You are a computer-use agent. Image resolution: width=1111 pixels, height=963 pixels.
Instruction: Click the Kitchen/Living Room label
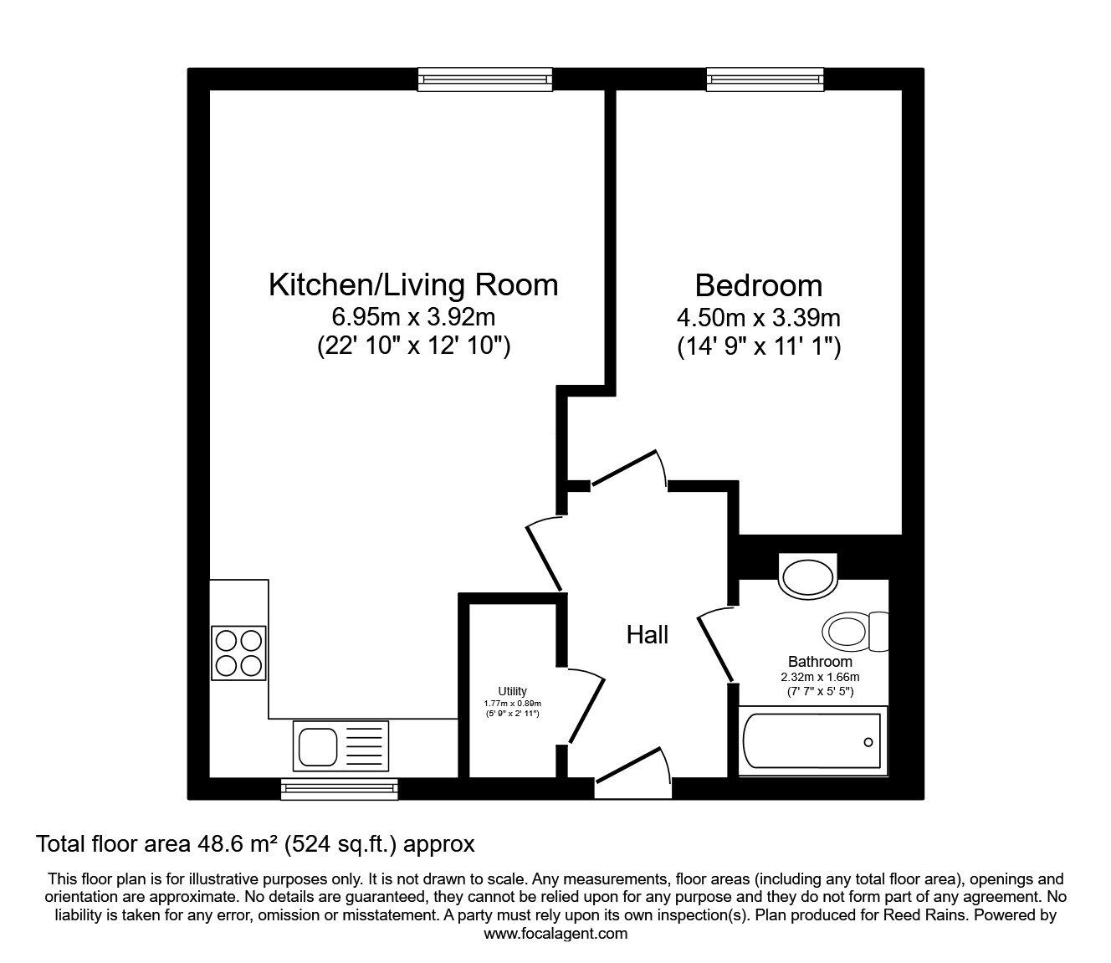[413, 285]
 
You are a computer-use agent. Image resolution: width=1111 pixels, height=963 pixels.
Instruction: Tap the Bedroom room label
[759, 285]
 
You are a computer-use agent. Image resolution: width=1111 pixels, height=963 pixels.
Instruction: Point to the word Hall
[648, 635]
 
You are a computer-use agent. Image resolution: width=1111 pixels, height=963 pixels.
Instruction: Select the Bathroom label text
[820, 661]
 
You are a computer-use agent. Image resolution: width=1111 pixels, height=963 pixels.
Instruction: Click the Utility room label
[512, 691]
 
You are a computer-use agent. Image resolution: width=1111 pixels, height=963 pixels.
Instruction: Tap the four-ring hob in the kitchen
[238, 653]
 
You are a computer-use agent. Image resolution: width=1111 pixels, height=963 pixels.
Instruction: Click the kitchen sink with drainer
[340, 746]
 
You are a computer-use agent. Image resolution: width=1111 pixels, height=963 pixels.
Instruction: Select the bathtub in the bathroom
[812, 741]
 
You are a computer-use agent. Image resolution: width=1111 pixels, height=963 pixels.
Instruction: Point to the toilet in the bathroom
[855, 632]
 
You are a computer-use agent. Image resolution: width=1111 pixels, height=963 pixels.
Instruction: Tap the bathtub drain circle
[868, 743]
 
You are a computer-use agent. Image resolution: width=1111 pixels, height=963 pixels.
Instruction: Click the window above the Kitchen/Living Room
[485, 79]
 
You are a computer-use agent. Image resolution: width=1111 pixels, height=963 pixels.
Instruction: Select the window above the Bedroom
[765, 79]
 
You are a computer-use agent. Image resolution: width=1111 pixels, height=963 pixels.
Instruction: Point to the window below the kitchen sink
[339, 789]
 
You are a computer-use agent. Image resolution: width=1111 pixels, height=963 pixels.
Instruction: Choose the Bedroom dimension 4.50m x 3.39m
[759, 318]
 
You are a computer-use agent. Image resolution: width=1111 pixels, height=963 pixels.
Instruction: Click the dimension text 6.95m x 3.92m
[413, 317]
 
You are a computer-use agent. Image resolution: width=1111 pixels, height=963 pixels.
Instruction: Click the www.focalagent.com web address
[555, 934]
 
